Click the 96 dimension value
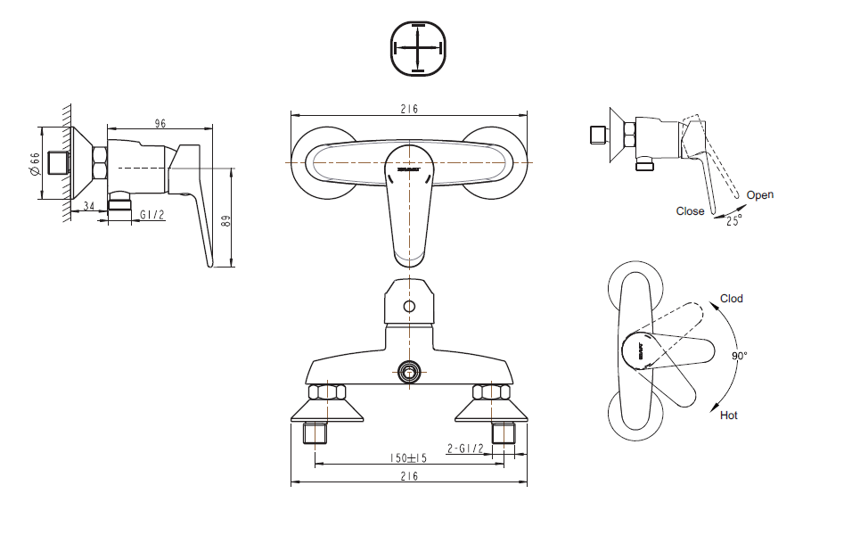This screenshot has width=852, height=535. (x=160, y=124)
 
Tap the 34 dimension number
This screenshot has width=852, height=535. (x=88, y=207)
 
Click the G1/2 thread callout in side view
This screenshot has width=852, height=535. (x=152, y=215)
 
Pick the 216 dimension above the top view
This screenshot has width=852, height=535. (x=408, y=109)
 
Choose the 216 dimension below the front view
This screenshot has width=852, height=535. (x=408, y=477)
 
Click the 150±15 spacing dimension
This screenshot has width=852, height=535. (x=408, y=457)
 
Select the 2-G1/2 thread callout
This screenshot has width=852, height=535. (x=464, y=449)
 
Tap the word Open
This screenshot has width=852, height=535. (x=759, y=195)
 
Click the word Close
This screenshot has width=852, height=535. (x=690, y=211)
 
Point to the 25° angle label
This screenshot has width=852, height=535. (x=733, y=220)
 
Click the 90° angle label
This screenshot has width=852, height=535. (x=739, y=356)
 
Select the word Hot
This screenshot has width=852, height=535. (x=728, y=416)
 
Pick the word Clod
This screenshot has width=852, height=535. (x=731, y=299)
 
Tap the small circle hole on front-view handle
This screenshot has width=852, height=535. (x=409, y=308)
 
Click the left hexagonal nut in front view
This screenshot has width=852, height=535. (x=326, y=392)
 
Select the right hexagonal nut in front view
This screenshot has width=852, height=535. (x=491, y=392)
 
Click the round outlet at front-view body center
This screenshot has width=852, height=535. (x=409, y=372)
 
